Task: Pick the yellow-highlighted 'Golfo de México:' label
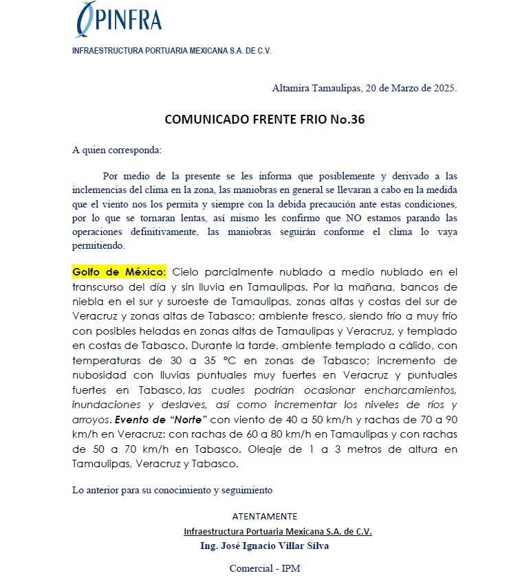118,272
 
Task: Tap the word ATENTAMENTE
265,516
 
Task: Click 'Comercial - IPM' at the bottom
265,568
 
